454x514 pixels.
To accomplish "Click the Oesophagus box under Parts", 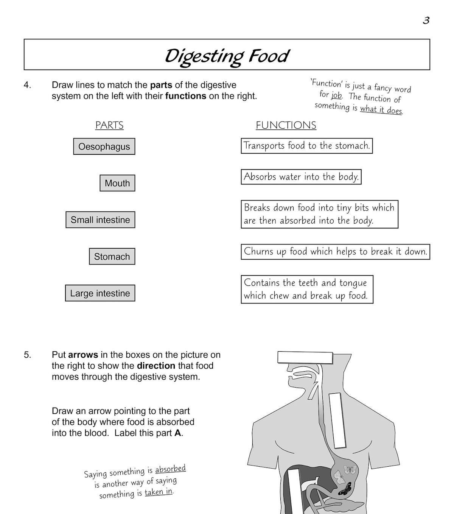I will (x=104, y=146).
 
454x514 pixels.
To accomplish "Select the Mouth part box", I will (x=117, y=183).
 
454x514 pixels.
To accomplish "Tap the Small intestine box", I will (x=100, y=220).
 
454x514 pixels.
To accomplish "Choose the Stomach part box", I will (x=112, y=257).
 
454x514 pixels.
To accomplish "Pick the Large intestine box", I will (x=100, y=293).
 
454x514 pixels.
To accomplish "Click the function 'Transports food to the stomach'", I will (x=306, y=146).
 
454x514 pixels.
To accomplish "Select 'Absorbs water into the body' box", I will (x=301, y=177).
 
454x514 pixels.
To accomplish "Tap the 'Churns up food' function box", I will (x=335, y=252).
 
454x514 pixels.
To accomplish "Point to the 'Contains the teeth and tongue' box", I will (x=307, y=289).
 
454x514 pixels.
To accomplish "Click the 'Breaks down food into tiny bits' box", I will (x=319, y=214).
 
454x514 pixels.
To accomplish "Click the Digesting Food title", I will (x=227, y=56).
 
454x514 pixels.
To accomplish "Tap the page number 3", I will (x=426, y=20).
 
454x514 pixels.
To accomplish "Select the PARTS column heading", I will (x=109, y=125).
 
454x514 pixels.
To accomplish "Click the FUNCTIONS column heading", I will (x=286, y=125).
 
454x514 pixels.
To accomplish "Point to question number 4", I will (x=27, y=85).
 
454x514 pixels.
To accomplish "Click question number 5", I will (x=27, y=355).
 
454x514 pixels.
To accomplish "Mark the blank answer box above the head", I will (x=305, y=357).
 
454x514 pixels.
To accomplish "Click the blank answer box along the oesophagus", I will (x=337, y=420).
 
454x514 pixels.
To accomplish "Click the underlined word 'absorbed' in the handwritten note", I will (x=171, y=469).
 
